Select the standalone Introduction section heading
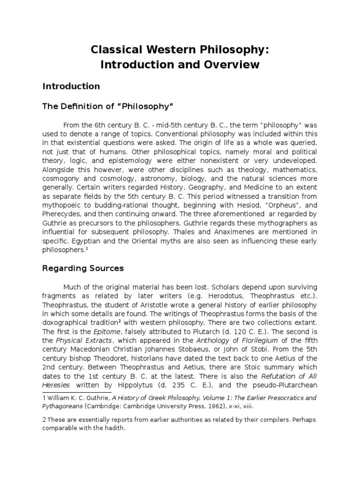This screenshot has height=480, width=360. point(71,86)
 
